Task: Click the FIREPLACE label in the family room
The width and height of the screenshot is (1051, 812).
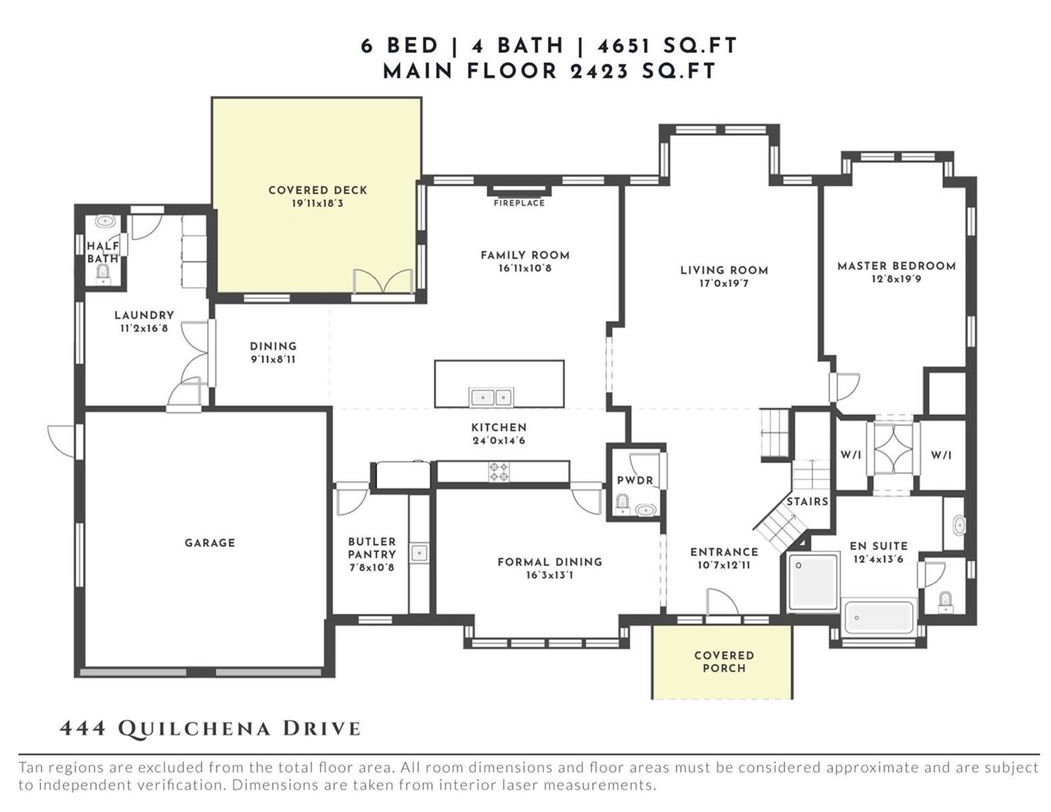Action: pyautogui.click(x=519, y=203)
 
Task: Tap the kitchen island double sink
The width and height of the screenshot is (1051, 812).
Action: pyautogui.click(x=491, y=397)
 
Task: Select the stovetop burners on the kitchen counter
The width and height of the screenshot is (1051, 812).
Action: pyautogui.click(x=499, y=472)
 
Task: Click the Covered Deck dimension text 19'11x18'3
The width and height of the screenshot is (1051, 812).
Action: pyautogui.click(x=317, y=204)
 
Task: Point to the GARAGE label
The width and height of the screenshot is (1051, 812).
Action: pyautogui.click(x=210, y=543)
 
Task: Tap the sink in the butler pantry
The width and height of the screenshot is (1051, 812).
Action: pyautogui.click(x=419, y=553)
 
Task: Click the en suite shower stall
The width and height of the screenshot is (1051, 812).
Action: pyautogui.click(x=813, y=583)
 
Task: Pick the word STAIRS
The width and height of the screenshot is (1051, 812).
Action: pyautogui.click(x=807, y=501)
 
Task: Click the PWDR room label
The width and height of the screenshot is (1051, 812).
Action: pyautogui.click(x=635, y=480)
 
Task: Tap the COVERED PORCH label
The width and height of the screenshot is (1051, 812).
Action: pyautogui.click(x=724, y=662)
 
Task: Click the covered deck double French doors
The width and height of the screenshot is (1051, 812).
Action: pyautogui.click(x=382, y=281)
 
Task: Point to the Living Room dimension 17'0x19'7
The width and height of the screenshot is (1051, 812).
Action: pyautogui.click(x=724, y=284)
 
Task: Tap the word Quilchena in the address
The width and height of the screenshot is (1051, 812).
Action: pyautogui.click(x=194, y=728)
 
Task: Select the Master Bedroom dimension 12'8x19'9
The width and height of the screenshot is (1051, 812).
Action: pyautogui.click(x=896, y=279)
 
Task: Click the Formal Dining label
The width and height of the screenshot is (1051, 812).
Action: pyautogui.click(x=550, y=562)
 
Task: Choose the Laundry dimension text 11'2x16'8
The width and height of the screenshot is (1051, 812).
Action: pyautogui.click(x=144, y=329)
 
